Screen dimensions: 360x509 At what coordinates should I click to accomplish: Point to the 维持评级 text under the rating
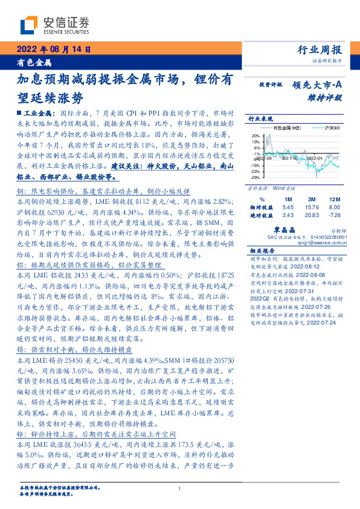(329, 97)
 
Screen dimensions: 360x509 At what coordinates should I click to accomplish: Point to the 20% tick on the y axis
(256, 136)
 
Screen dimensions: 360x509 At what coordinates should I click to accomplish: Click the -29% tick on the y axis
(256, 178)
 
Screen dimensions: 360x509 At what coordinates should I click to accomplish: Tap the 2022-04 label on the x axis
(315, 157)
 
